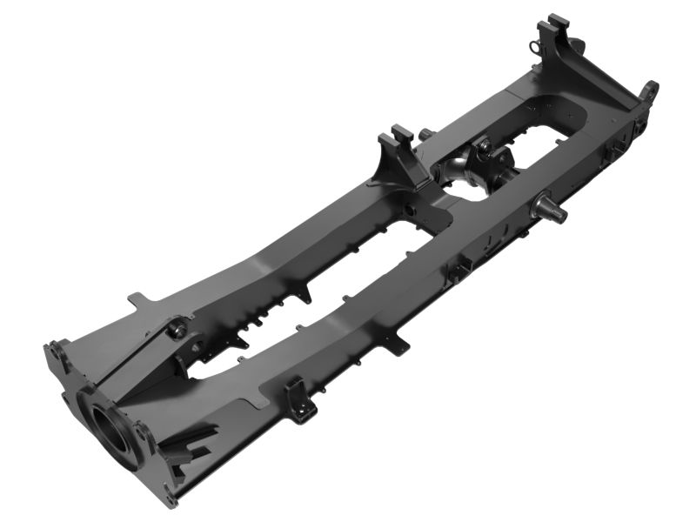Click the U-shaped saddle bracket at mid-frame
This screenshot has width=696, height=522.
pos(401,151)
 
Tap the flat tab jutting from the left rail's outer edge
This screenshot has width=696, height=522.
pos(137,298)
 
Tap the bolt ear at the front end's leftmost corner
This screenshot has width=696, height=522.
pos(54,353)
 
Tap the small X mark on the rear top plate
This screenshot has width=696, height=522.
pos(567,113)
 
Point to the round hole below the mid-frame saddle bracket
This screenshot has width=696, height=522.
pos(408,208)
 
